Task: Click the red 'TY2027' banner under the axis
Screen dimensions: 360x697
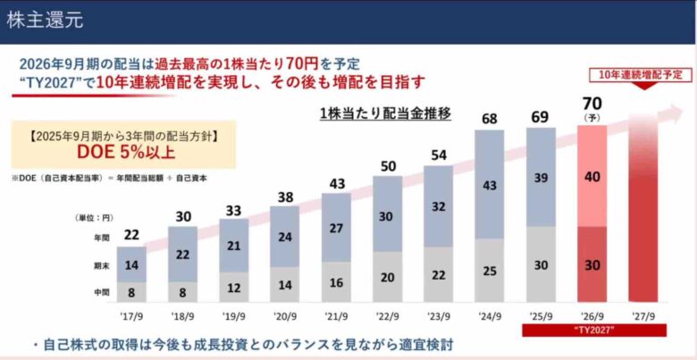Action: (592, 331)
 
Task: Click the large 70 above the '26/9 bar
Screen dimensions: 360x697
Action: (592, 101)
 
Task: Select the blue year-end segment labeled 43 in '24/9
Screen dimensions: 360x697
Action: (489, 185)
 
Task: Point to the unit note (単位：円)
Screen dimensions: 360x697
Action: (92, 218)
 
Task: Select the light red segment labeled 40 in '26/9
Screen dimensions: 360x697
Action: (592, 177)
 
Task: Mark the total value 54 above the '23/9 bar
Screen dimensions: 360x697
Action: (438, 154)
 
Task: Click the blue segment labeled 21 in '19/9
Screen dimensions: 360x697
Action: (233, 247)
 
